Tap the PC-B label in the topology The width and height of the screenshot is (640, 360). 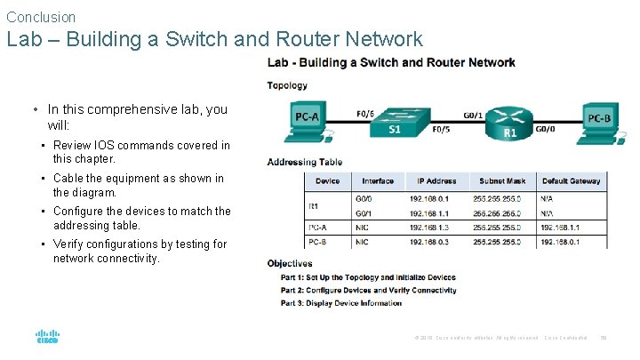pos(598,117)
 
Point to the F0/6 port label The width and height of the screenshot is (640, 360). pos(364,113)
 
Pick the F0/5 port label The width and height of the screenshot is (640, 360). pos(440,129)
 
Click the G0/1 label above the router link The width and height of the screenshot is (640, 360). pos(473,114)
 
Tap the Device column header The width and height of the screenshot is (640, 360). pos(327,181)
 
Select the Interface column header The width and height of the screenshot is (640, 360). pos(378,181)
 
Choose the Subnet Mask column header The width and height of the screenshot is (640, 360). pos(502,181)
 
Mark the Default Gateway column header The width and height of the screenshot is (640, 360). pos(571,181)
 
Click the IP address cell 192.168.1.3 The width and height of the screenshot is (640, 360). pos(429,228)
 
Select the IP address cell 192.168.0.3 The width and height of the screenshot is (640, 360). pos(429,241)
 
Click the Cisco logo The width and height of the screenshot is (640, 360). pos(46,337)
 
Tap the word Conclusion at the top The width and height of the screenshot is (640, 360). pos(41,17)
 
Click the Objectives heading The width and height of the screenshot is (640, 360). pos(290,263)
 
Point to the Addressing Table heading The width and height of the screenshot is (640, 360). pos(305,162)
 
